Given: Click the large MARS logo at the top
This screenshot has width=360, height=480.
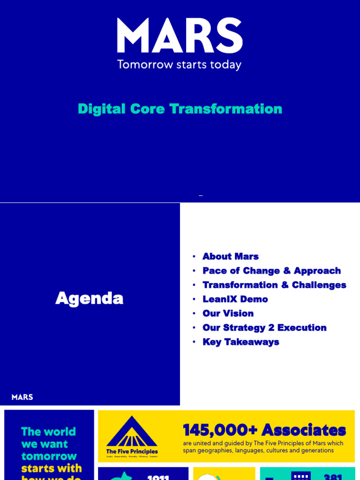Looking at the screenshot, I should pos(180,36).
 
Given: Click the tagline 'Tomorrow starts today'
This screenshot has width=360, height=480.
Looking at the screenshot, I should pos(180,64).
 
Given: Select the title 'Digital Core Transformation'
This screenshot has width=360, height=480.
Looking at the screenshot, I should pos(180,109).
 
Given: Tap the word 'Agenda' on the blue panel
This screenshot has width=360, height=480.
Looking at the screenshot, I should pos(89,299).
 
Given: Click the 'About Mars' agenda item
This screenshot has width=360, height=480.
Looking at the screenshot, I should pos(230,256).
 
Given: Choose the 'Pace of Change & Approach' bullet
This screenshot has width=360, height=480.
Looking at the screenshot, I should pos(271,270).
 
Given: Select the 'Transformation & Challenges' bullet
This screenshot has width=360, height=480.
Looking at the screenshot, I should pos(274,285).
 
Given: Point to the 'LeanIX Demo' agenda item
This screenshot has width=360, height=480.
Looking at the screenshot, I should pos(235,299).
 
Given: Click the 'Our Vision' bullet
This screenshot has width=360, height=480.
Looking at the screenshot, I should pos(228,313).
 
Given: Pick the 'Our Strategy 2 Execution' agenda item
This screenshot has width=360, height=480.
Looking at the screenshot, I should pos(264,328).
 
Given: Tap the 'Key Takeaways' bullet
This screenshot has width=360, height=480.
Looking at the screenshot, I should pos(240,342).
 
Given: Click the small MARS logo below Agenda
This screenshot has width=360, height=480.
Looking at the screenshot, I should pos(22,397).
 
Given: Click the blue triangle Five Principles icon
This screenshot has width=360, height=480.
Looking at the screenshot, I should pos(132,432).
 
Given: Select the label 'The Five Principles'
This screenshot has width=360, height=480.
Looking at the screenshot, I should pos(132,451).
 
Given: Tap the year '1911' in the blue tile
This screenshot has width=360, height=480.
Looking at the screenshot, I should pos(158,477).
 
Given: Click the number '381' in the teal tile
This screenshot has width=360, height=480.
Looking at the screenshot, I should pos(333,477).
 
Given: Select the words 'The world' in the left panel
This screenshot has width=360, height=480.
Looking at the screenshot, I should pos(48,431).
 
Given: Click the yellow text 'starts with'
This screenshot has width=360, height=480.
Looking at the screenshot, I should pos(52,468).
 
